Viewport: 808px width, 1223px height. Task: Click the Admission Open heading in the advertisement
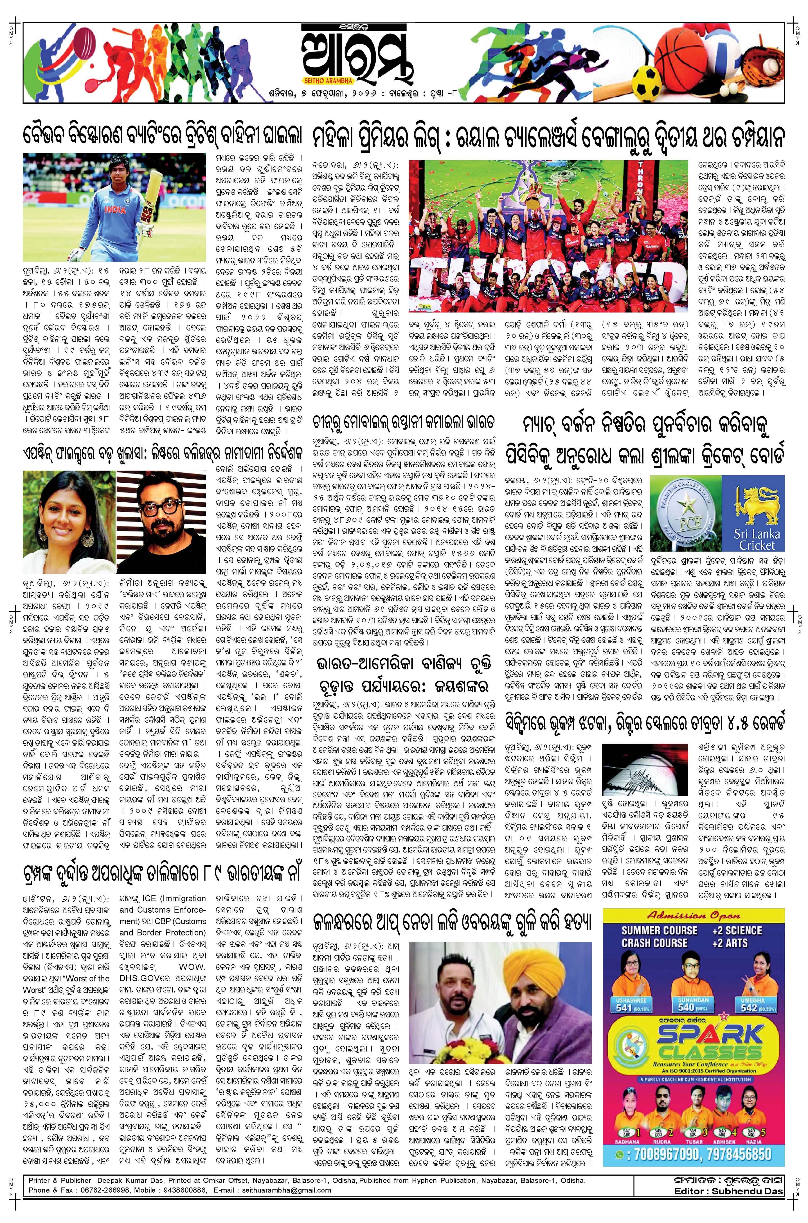click(693, 916)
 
